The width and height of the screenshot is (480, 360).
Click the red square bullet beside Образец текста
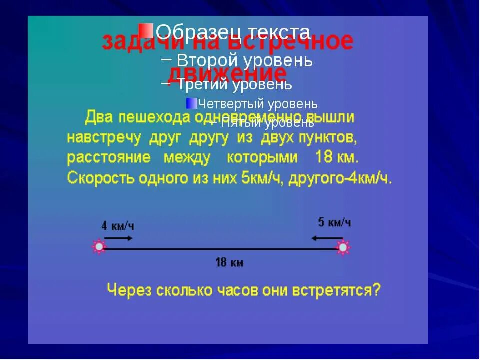point(146,31)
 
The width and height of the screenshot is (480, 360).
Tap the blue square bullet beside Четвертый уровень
point(191,103)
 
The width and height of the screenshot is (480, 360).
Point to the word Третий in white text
point(201,84)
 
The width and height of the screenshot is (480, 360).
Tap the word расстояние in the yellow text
point(109,157)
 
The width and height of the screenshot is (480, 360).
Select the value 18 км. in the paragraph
point(337,157)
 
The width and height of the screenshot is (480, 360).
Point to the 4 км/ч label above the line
point(118,226)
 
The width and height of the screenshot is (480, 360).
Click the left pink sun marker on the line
point(99,247)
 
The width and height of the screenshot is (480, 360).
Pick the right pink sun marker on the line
point(343,247)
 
